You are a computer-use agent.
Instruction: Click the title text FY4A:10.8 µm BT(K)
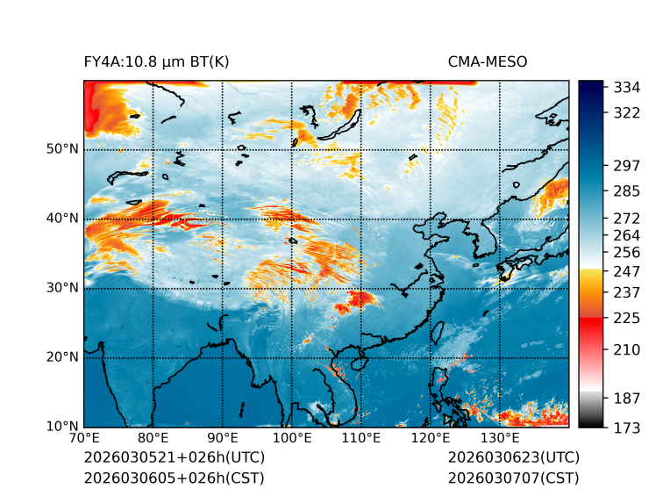(156, 62)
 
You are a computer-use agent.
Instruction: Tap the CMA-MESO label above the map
(487, 62)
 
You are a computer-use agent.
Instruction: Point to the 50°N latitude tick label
(61, 149)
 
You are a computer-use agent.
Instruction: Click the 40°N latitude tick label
(61, 219)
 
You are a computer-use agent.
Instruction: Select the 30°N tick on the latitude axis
(61, 288)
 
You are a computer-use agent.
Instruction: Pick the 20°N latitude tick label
(61, 357)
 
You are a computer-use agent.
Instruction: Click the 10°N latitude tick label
(61, 427)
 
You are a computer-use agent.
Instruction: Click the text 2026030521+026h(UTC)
(174, 458)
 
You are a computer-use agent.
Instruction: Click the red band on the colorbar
(590, 325)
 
